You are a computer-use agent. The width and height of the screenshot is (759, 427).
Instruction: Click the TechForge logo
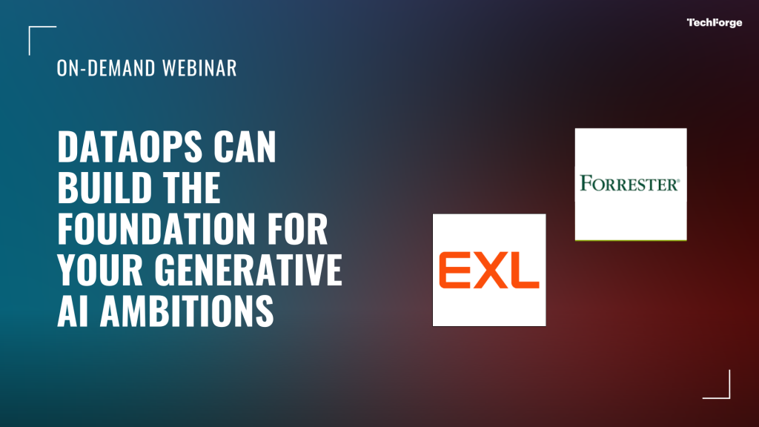[x=714, y=23]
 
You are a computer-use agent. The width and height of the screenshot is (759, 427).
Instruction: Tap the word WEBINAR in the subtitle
[x=199, y=67]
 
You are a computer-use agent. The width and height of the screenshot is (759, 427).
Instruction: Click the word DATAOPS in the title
[x=130, y=146]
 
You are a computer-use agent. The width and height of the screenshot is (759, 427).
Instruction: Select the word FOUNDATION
[x=156, y=228]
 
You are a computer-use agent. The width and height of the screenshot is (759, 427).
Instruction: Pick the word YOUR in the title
[x=100, y=269]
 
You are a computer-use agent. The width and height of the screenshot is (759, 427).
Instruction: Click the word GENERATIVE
[x=248, y=269]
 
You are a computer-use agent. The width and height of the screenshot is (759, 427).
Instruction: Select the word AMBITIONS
[x=187, y=311]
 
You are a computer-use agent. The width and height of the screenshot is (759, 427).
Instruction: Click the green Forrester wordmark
[x=630, y=184]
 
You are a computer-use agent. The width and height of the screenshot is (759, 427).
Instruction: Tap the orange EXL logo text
[x=489, y=270]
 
